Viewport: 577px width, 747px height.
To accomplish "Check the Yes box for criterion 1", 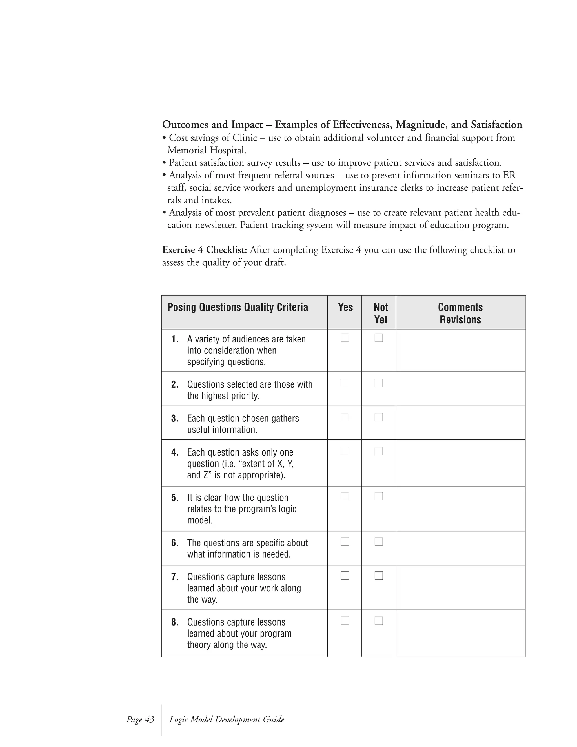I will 345,338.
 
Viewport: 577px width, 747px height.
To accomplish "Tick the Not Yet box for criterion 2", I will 378,383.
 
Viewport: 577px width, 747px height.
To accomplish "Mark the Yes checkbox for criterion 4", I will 345,451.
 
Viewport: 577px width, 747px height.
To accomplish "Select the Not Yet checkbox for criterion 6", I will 378,542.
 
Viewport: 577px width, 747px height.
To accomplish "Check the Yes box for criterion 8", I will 345,621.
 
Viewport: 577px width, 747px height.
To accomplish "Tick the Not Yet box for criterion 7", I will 378,576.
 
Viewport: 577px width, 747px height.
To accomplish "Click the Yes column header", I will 345,307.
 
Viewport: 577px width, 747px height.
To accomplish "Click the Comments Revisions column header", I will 460,313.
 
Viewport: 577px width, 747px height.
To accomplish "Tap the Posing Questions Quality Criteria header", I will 238,307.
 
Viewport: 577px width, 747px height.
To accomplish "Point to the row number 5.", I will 175,498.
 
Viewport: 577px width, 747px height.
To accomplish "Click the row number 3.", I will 175,419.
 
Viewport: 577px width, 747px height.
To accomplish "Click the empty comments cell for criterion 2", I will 460,389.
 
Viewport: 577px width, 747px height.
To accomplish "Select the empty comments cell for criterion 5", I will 460,508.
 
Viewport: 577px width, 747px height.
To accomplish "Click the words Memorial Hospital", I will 207,150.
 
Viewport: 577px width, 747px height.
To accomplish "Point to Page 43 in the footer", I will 140,719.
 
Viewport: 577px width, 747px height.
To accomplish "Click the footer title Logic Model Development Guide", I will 227,719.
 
